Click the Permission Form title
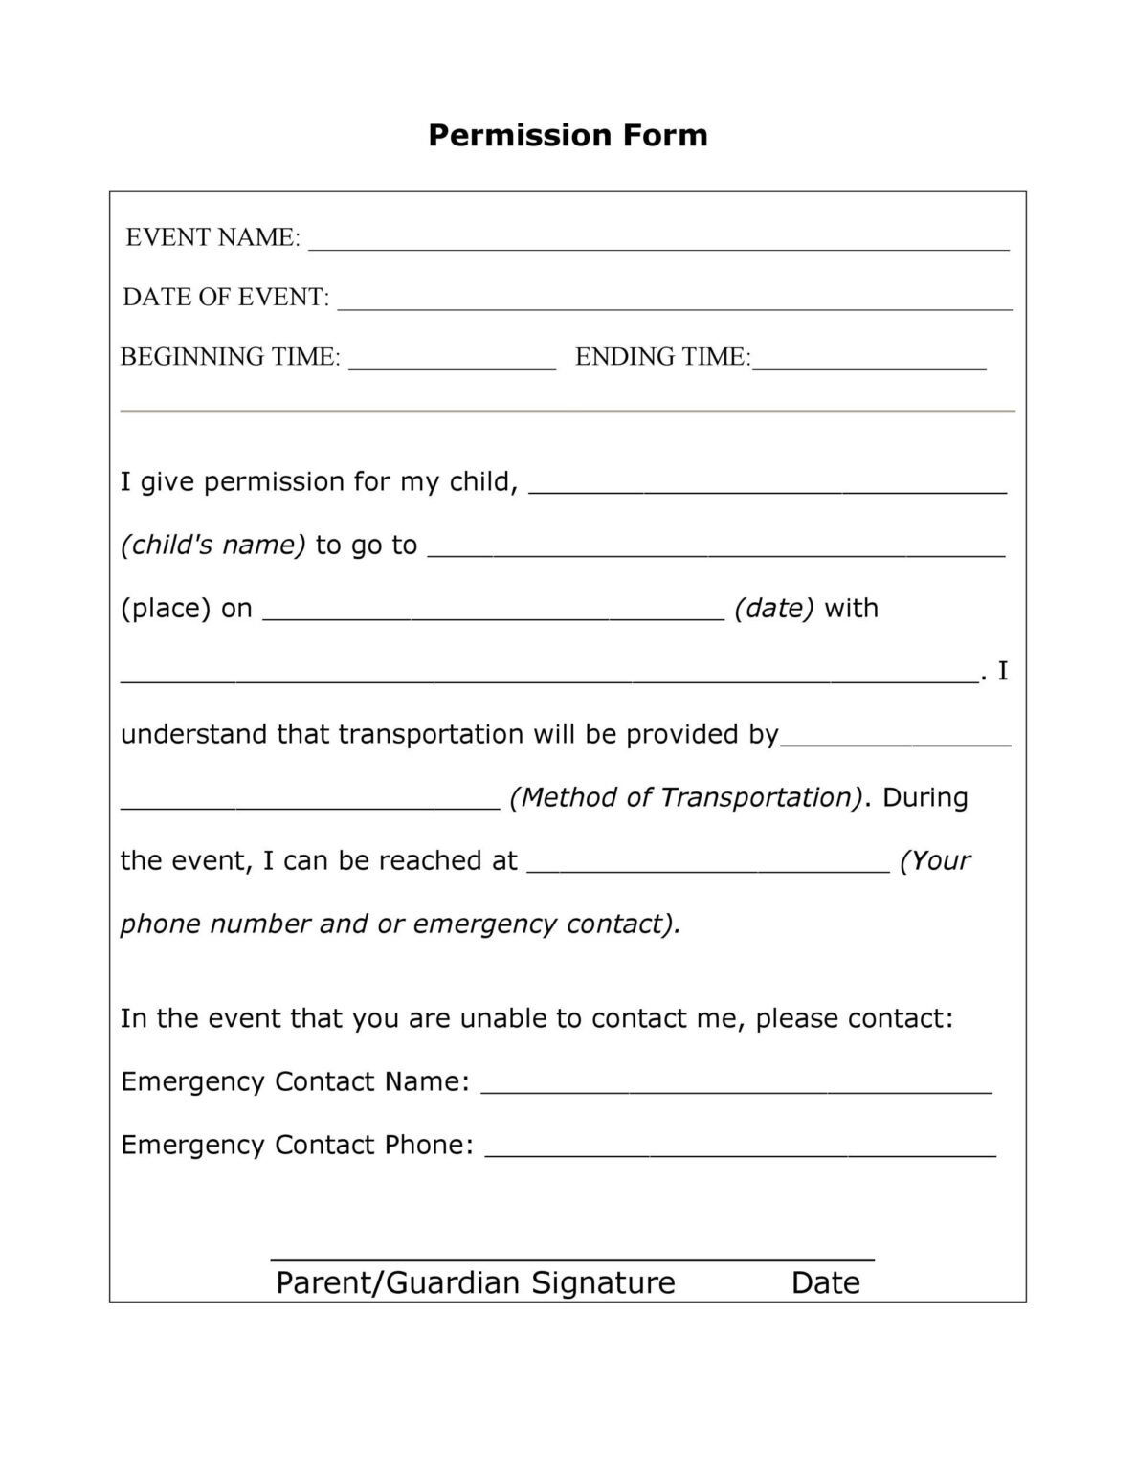pyautogui.click(x=568, y=135)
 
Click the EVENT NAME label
pyautogui.click(x=212, y=237)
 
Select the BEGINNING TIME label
pyautogui.click(x=230, y=356)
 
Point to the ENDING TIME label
pyautogui.click(x=662, y=356)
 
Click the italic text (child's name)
pyautogui.click(x=212, y=545)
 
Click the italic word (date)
pyautogui.click(x=773, y=608)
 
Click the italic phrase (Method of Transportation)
pyautogui.click(x=686, y=797)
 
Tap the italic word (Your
pyautogui.click(x=935, y=860)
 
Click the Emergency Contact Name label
pyautogui.click(x=295, y=1081)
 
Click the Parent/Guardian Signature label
pyautogui.click(x=475, y=1282)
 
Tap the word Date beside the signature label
pyautogui.click(x=825, y=1282)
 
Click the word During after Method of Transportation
pyautogui.click(x=924, y=797)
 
